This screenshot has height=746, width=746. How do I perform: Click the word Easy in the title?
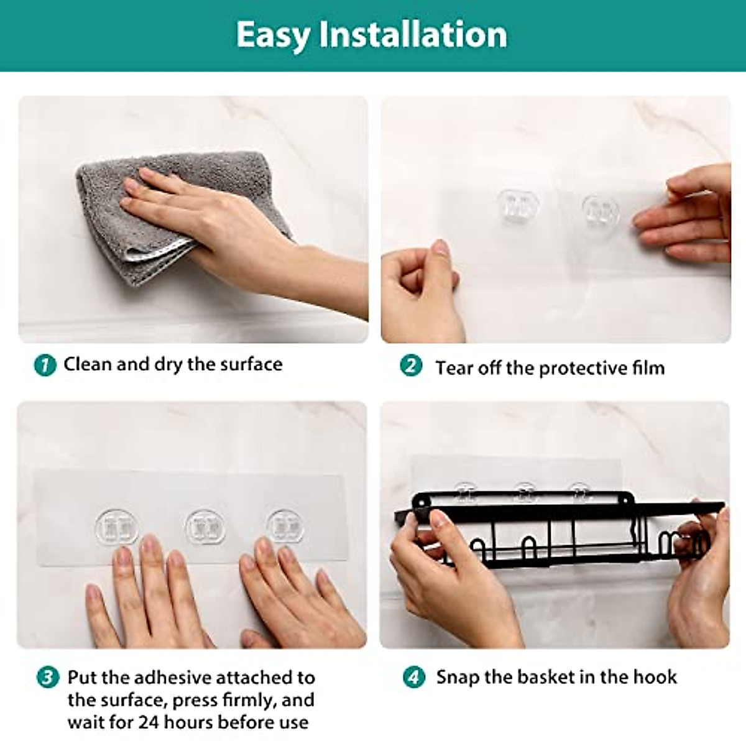click(272, 36)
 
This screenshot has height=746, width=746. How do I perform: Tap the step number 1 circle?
click(45, 365)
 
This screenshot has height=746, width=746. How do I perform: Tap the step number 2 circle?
click(411, 366)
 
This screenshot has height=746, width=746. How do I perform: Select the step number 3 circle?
click(48, 678)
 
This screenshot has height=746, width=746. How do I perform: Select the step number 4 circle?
click(414, 678)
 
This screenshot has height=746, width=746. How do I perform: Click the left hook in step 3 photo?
click(116, 527)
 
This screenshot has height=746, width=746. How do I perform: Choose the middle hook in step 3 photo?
click(205, 527)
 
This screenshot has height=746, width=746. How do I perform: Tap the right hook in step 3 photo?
click(285, 526)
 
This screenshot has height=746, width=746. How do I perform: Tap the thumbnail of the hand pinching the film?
click(556, 219)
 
